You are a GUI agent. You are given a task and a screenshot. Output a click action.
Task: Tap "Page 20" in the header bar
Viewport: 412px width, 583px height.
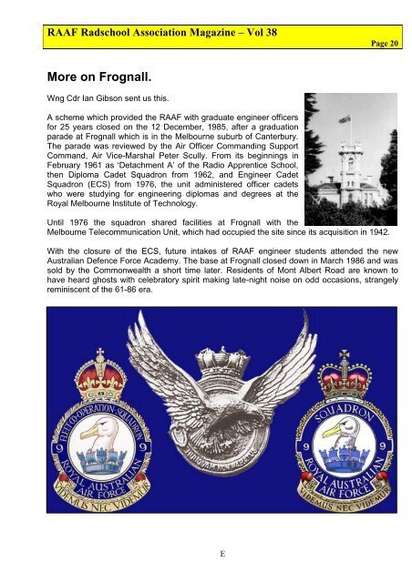[387, 43]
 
